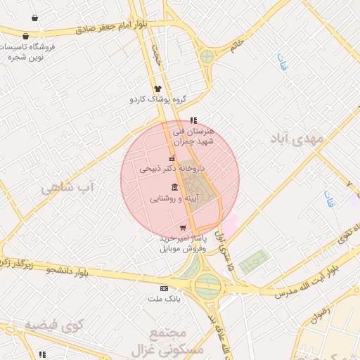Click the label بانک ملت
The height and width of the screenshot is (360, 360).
coord(164,299)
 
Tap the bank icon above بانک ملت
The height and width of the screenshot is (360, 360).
coord(164,288)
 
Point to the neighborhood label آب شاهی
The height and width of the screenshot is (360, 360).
coord(67,187)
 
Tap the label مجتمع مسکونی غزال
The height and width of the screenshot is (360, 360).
coord(176,340)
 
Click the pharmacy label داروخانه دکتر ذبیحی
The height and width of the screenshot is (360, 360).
coord(165,169)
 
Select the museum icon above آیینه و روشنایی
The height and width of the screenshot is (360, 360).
coord(174,188)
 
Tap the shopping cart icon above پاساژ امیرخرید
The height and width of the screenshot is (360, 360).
coord(183,228)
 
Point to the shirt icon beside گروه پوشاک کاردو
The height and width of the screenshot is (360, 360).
coord(157,89)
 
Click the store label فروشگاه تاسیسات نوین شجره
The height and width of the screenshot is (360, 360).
coord(27,51)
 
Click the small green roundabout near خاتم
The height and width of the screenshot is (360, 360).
coord(207,56)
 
